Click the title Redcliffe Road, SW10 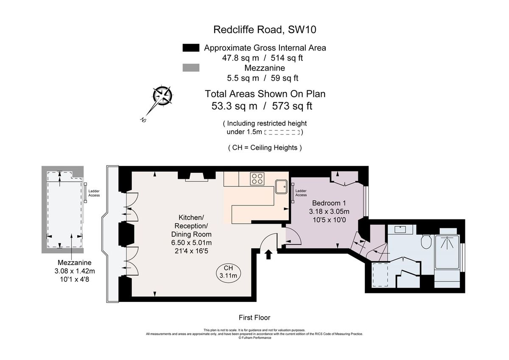[x=265, y=30]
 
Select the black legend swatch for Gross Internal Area [x=190, y=48]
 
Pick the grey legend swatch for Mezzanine [x=190, y=68]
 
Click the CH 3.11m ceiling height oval [x=228, y=272]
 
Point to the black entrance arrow [x=268, y=254]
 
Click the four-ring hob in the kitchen [x=256, y=179]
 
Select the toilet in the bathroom [x=427, y=242]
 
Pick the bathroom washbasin [x=401, y=230]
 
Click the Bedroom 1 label [x=330, y=203]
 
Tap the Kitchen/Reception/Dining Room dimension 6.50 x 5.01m [x=191, y=242]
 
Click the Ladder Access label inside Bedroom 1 [x=301, y=193]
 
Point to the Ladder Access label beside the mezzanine [x=94, y=193]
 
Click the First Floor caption [x=255, y=318]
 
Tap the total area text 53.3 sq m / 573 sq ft [x=262, y=106]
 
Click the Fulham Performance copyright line [x=255, y=338]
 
